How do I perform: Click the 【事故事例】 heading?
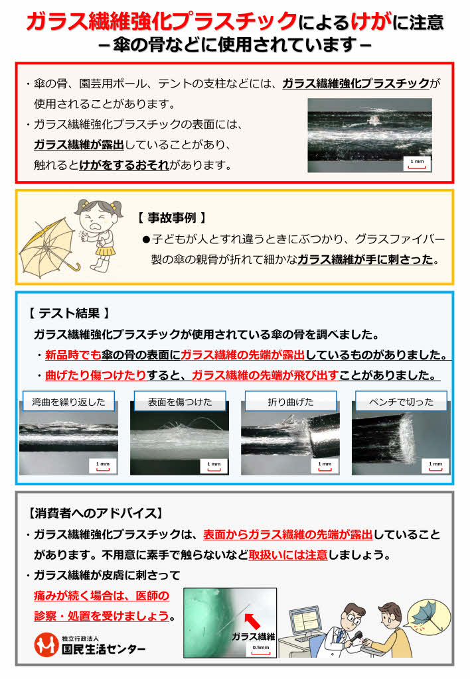coord(172,217)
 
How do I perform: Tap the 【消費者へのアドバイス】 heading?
coord(94,513)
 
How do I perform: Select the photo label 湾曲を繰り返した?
coord(68,401)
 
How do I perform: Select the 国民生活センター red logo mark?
coord(46,645)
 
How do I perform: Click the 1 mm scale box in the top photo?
coord(417,162)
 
